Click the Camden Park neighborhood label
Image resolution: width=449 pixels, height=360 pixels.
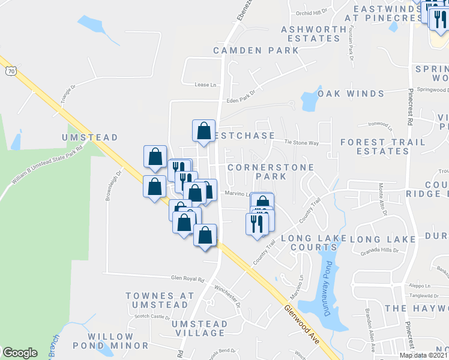[256, 50]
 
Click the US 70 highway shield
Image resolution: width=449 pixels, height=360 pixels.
[10, 71]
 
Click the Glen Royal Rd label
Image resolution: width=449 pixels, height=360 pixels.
[188, 279]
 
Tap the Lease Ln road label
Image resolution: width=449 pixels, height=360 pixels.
[205, 85]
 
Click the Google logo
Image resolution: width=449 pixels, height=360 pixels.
[20, 352]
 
